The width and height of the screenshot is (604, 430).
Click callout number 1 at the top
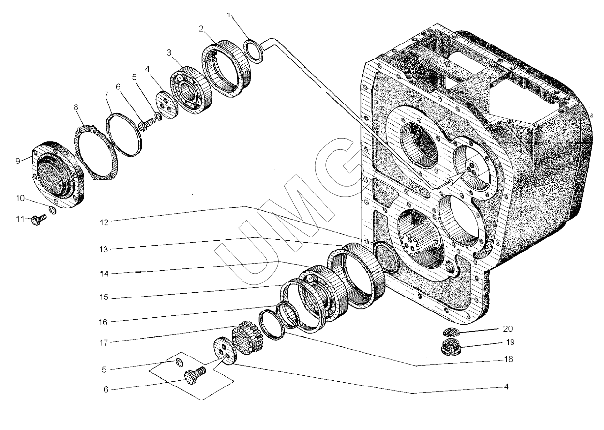(x=229, y=15)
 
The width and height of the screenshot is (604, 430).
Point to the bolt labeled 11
(x=39, y=219)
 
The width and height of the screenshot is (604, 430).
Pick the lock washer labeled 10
(x=52, y=210)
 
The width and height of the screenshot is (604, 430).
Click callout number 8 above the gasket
(x=76, y=107)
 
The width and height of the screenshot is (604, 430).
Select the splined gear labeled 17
(x=247, y=338)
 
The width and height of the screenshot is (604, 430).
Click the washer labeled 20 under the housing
(x=451, y=332)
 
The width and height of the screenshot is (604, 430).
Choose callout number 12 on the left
(x=104, y=222)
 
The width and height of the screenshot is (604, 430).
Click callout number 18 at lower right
(x=508, y=359)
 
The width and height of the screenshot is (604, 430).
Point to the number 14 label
(x=104, y=274)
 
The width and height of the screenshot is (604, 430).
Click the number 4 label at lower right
(x=506, y=386)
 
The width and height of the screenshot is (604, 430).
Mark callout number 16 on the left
(x=103, y=322)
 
